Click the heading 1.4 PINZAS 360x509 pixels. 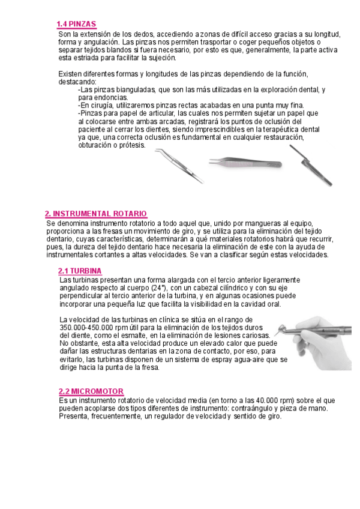pos(76,24)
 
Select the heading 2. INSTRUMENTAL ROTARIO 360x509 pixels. pos(96,214)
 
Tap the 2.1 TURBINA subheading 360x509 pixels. pos(80,271)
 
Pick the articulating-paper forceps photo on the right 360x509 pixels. pos(307,164)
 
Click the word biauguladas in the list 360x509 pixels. pos(132,89)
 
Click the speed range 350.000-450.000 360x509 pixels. pos(91,328)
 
